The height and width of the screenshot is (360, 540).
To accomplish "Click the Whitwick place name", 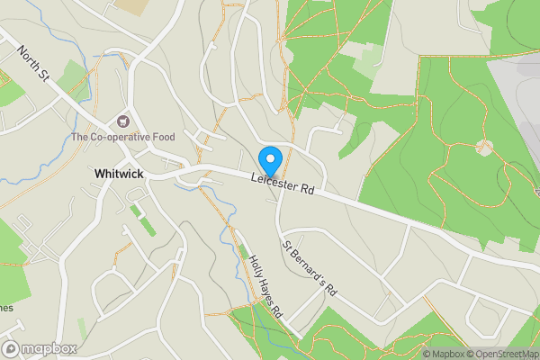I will pyautogui.click(x=118, y=173).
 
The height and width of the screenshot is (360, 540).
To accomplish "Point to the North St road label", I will pyautogui.click(x=32, y=64).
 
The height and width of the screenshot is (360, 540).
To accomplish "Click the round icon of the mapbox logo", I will pyautogui.click(x=12, y=348).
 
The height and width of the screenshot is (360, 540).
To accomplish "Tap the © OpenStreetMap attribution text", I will pyautogui.click(x=502, y=354).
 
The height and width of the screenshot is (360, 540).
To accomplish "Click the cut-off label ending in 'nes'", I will pyautogui.click(x=6, y=308).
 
